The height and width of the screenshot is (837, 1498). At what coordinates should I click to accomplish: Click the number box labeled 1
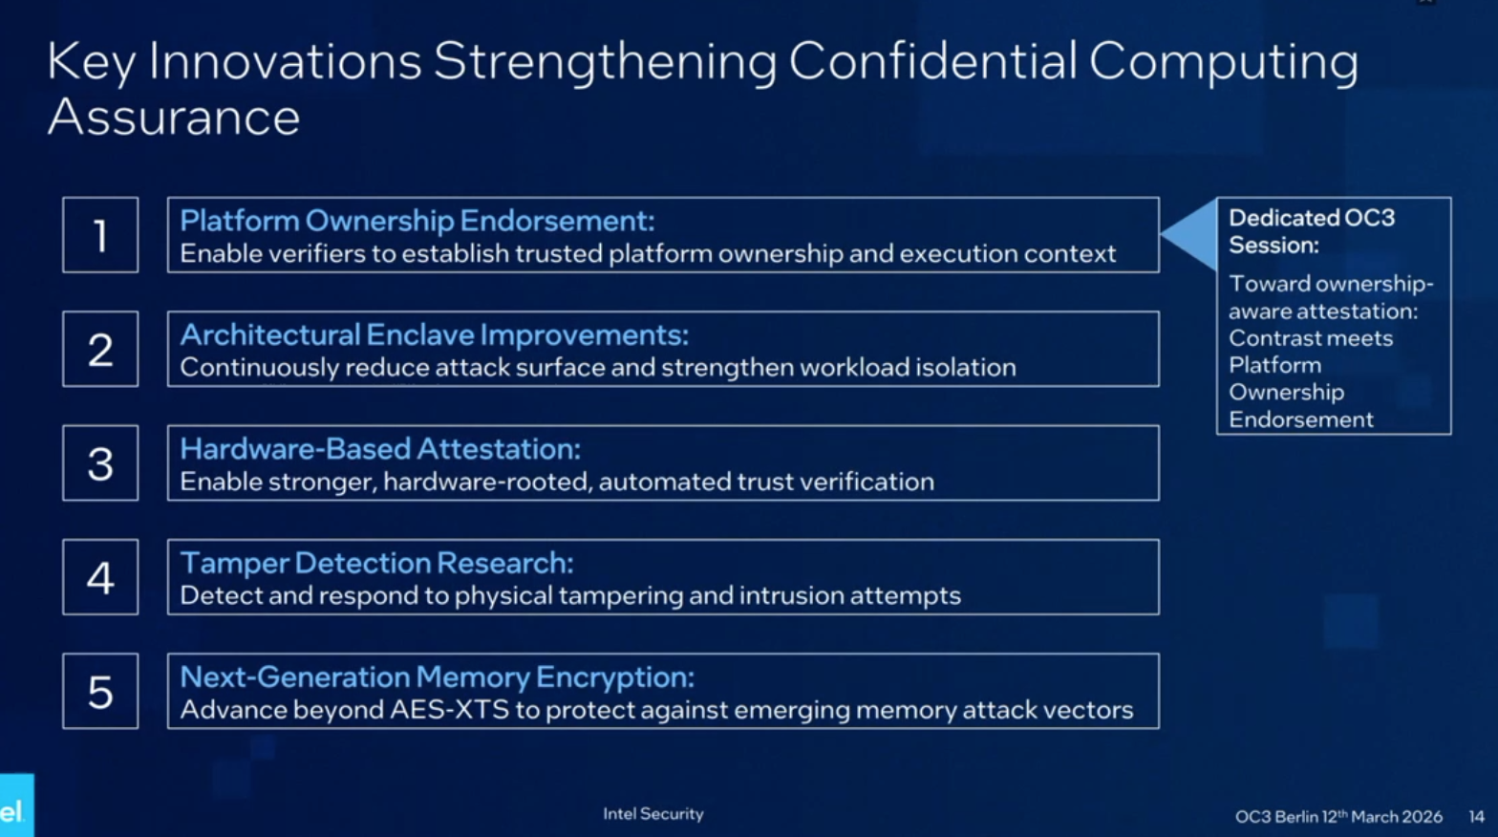(100, 235)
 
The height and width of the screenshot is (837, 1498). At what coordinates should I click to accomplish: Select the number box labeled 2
(100, 349)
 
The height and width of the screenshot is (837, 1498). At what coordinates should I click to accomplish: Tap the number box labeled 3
(100, 463)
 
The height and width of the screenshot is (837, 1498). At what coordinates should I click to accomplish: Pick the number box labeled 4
(100, 577)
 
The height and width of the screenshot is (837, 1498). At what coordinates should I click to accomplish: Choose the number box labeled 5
(100, 691)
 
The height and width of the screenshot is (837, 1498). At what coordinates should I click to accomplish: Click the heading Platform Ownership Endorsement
(417, 221)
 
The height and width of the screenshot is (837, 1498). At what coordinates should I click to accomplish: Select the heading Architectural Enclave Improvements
(434, 334)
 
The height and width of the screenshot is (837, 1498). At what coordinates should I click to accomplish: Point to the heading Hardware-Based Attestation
(379, 449)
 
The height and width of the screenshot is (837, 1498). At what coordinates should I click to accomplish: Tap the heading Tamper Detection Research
(376, 563)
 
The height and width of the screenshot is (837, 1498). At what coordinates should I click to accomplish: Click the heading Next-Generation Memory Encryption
(437, 676)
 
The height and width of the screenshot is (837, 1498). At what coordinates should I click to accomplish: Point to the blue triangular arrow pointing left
(1191, 234)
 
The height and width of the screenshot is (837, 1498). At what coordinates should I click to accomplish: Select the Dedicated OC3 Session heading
(1311, 231)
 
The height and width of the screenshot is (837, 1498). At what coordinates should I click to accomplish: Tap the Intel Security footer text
(653, 814)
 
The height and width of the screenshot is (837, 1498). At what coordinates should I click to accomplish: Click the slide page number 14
(1476, 817)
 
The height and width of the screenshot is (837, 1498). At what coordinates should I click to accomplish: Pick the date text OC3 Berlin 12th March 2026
(1337, 817)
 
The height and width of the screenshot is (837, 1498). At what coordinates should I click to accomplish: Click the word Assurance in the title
(174, 118)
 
